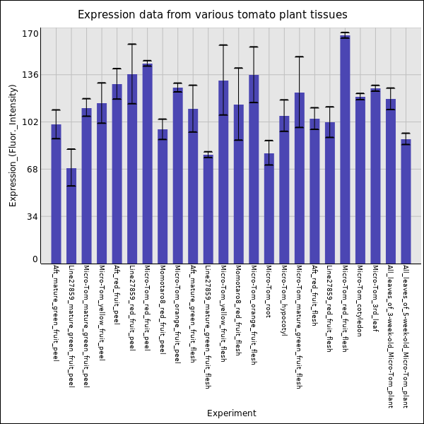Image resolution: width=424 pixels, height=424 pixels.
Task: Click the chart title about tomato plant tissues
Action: [x=212, y=15]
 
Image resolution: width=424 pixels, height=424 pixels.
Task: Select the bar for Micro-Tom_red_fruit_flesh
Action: [x=345, y=149]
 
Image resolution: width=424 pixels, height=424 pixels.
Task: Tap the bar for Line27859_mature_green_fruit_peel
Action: [x=71, y=216]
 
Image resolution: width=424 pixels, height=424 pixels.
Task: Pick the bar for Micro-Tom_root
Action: [x=269, y=208]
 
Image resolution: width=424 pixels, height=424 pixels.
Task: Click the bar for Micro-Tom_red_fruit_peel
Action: [x=147, y=163]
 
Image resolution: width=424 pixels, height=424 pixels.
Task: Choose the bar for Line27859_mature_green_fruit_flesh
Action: [x=208, y=209]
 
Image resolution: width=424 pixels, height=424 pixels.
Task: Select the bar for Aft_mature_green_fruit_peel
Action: [x=56, y=194]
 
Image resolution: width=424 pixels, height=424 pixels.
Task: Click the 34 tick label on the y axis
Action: [x=33, y=216]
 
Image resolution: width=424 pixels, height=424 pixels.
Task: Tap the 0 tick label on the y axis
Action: [x=35, y=259]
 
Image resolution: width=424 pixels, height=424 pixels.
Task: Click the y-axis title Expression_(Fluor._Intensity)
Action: [x=13, y=145]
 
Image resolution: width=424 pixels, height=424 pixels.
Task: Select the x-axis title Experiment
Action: [x=231, y=413]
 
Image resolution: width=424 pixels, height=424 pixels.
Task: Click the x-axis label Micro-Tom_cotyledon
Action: [x=360, y=300]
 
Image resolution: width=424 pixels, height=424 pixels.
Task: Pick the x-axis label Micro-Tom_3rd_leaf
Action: [x=375, y=297]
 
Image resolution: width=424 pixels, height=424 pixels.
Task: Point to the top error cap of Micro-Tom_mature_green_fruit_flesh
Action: [x=299, y=57]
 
